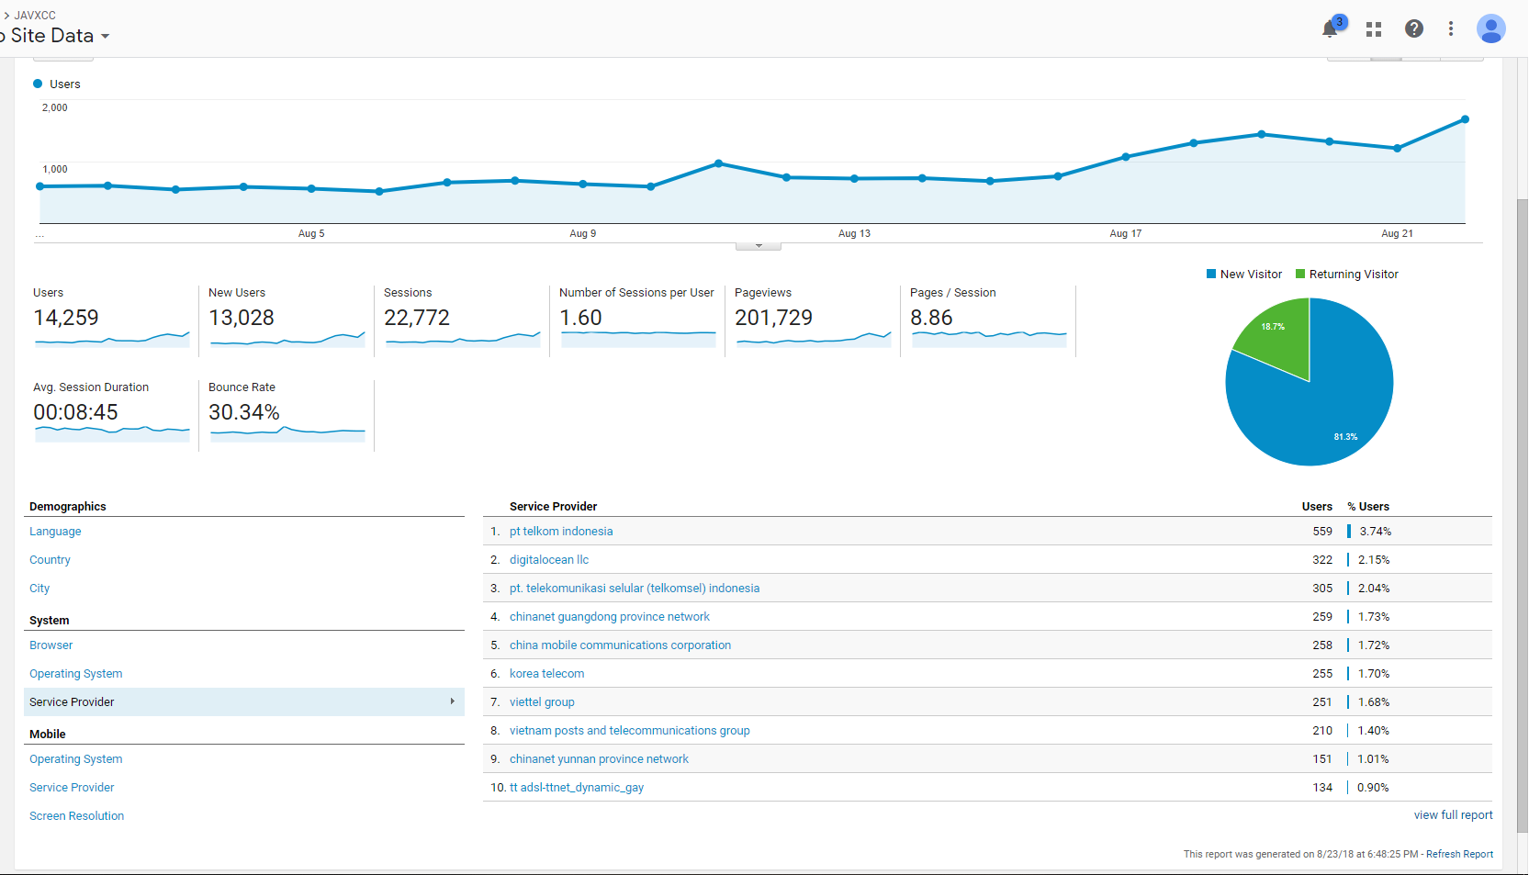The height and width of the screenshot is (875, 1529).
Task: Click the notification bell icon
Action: click(x=1330, y=29)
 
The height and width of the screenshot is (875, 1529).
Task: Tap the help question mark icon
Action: click(x=1414, y=29)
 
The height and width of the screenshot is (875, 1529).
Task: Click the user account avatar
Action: click(x=1490, y=29)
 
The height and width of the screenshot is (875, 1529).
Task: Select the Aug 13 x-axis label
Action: click(x=854, y=234)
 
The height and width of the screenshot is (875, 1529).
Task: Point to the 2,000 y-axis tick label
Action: click(x=55, y=108)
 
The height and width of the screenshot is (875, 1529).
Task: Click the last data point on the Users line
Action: click(x=1465, y=119)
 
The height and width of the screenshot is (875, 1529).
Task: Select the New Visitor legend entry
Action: click(x=1244, y=275)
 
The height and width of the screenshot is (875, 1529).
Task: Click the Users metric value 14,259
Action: click(x=66, y=319)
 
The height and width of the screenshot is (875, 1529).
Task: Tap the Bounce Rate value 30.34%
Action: click(x=244, y=413)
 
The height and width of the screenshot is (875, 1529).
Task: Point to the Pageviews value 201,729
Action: click(x=773, y=319)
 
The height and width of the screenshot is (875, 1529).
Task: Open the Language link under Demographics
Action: click(x=55, y=532)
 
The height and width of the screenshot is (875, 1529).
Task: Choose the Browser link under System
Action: click(x=51, y=645)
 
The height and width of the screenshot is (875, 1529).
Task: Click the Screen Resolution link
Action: click(x=76, y=816)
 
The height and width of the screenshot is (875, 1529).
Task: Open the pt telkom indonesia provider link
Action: click(x=561, y=532)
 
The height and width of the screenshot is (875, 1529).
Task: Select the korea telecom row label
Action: click(x=546, y=674)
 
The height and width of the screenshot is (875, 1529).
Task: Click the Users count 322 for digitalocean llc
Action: click(x=1322, y=560)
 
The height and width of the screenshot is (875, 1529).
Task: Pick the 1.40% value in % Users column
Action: click(x=1374, y=731)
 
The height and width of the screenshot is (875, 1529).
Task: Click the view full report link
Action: click(x=1453, y=815)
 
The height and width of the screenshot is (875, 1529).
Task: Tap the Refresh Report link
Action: click(x=1459, y=855)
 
